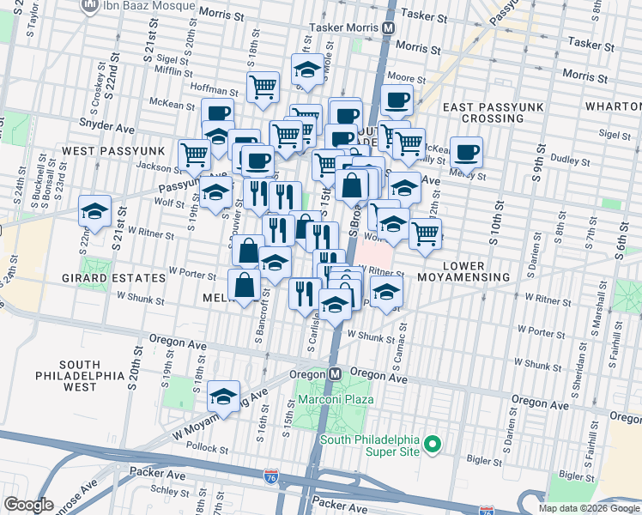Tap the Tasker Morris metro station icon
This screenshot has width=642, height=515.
click(389, 27)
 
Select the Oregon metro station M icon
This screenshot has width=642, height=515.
click(335, 375)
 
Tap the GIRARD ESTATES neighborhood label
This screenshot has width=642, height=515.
click(112, 279)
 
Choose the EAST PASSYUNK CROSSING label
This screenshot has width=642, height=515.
click(489, 112)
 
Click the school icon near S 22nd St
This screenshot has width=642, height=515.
click(94, 210)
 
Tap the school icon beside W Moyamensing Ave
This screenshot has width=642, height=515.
click(223, 396)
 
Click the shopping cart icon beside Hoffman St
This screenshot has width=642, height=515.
click(263, 85)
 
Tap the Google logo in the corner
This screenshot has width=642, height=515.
click(28, 506)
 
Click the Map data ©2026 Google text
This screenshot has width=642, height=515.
click(589, 508)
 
